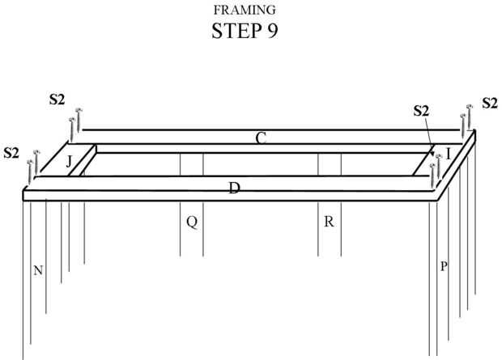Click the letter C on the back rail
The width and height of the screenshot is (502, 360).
point(261,138)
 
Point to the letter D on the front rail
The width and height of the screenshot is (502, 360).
point(234,188)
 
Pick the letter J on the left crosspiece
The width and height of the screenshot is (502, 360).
point(70,161)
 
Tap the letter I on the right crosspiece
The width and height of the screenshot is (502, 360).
point(448,154)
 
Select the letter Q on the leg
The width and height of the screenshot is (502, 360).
point(192,222)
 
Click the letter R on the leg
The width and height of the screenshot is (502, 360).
point(329,222)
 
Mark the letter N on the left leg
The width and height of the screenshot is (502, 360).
point(37,270)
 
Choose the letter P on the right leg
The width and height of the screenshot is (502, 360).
point(444,266)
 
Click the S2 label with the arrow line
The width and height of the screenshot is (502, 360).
point(420,111)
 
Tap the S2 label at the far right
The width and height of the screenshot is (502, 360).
point(490,103)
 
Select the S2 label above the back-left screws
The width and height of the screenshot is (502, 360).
point(57,100)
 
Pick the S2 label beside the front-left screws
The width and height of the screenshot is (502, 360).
point(12,152)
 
